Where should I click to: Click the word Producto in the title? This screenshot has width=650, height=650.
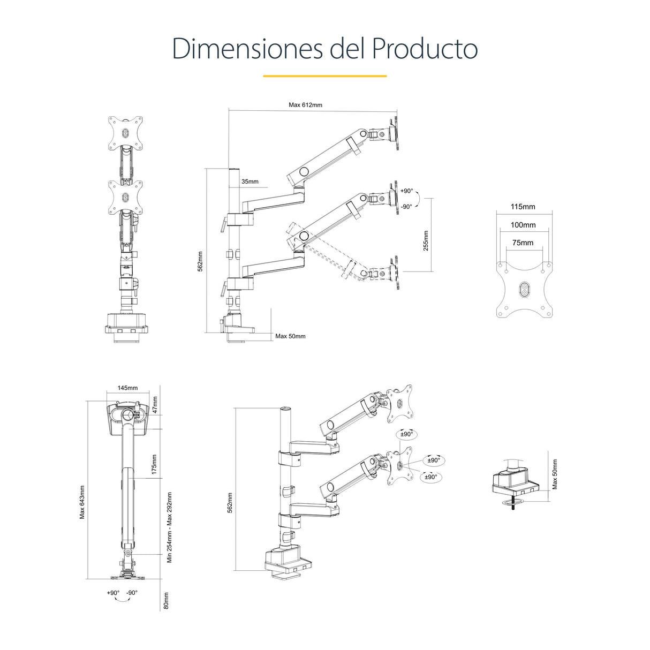(x=424, y=49)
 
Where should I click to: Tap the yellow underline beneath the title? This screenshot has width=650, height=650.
(x=324, y=76)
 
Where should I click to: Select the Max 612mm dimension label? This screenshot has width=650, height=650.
(x=305, y=105)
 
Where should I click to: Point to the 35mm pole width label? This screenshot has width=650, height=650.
(x=250, y=182)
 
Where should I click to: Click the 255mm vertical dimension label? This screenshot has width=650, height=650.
(x=426, y=240)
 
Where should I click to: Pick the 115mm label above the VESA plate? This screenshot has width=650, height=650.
(x=523, y=207)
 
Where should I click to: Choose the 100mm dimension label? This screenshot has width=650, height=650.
(x=523, y=225)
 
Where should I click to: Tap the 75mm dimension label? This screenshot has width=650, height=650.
(x=523, y=243)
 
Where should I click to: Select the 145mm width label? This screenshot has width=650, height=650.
(x=127, y=388)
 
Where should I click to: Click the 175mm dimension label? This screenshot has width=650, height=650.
(x=154, y=464)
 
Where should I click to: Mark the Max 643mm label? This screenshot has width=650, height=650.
(x=82, y=502)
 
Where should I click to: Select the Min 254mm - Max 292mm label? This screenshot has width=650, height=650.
(x=170, y=527)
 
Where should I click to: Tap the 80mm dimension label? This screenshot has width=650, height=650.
(x=166, y=600)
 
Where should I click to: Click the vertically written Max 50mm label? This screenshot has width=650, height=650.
(x=555, y=474)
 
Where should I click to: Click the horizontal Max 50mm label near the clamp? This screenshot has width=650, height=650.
(x=290, y=336)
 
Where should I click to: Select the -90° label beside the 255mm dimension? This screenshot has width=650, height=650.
(x=406, y=207)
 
